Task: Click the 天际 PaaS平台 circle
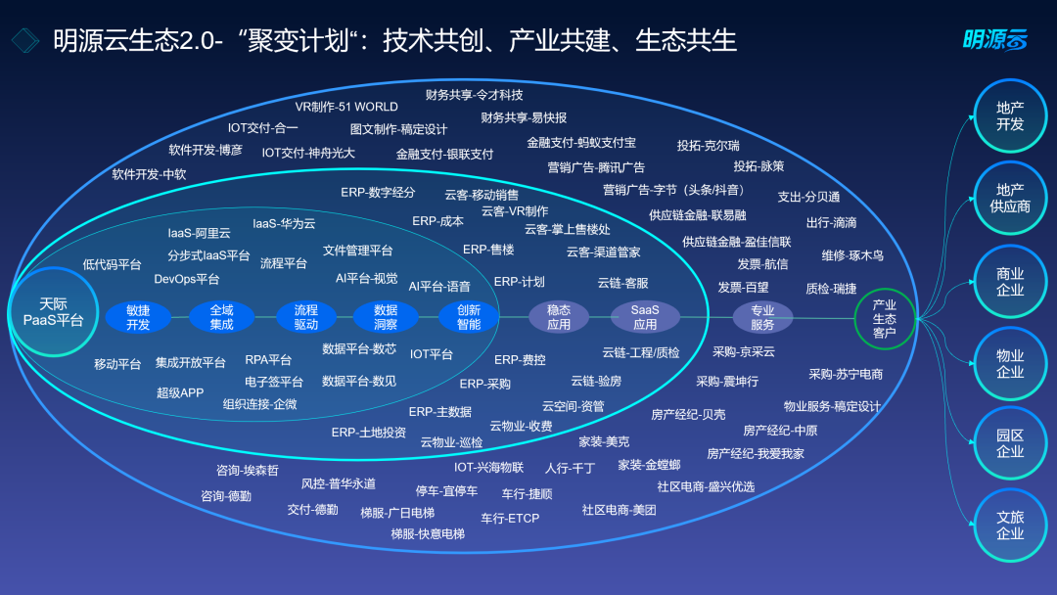[53, 312]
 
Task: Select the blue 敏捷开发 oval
[138, 317]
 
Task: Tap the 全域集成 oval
[221, 317]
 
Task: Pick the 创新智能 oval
[469, 317]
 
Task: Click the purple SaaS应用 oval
[644, 317]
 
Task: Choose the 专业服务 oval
[762, 317]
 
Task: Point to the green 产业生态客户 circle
[885, 319]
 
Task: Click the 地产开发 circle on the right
[1010, 115]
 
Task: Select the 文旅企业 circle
[1010, 526]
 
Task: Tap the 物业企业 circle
[1010, 364]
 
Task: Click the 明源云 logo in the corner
[994, 40]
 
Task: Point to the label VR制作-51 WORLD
[346, 107]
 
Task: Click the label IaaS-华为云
[284, 223]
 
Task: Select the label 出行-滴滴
[831, 222]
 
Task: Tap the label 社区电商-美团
[619, 510]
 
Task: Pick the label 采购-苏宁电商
[846, 374]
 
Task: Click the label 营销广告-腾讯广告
[596, 167]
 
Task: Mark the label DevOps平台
[187, 279]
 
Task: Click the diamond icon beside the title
[25, 40]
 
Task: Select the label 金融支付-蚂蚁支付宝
[581, 142]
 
